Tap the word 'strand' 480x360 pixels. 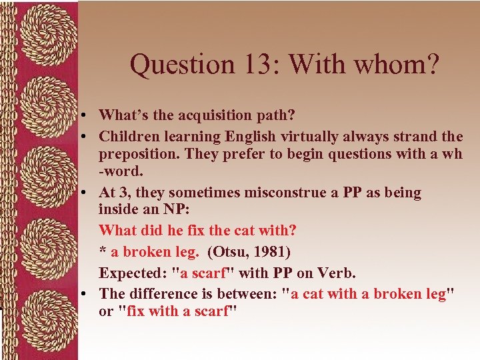coord(414,137)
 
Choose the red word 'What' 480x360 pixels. coord(117,230)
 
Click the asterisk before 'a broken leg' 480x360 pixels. coord(103,252)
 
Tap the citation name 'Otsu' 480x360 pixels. coord(230,251)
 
